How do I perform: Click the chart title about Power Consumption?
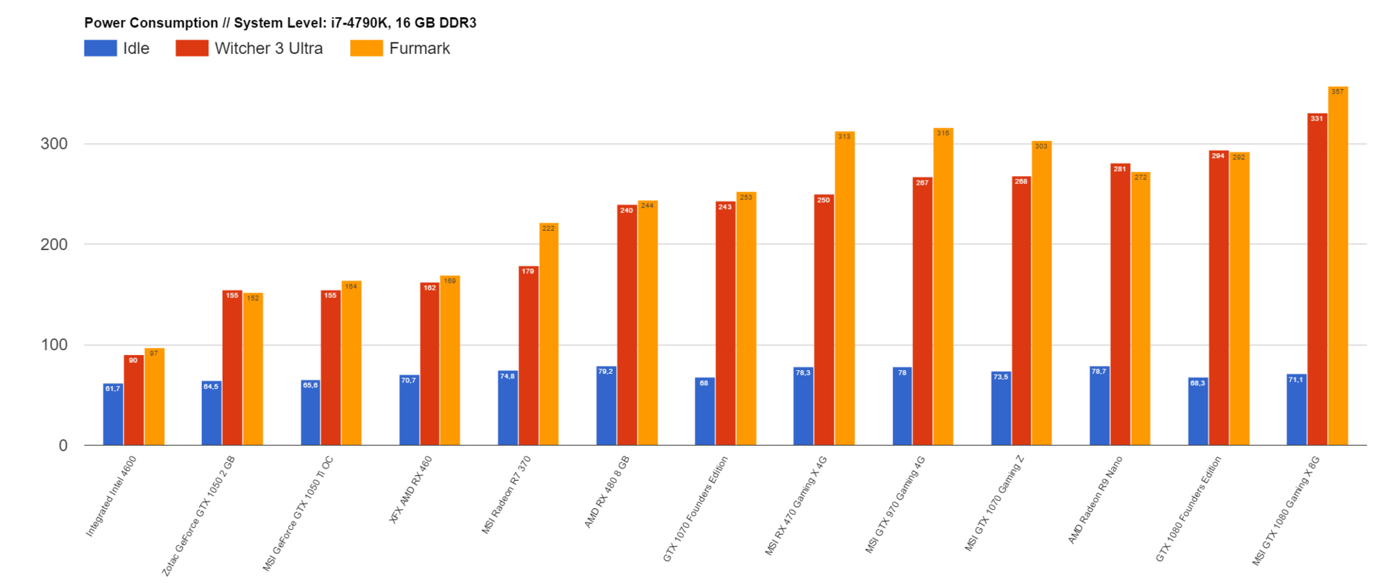[x=280, y=23]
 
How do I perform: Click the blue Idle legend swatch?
[x=100, y=48]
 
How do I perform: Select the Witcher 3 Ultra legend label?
[x=268, y=48]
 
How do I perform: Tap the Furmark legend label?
[x=419, y=48]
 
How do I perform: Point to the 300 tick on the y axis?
[x=55, y=144]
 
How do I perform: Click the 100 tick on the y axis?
[x=55, y=345]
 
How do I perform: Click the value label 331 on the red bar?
[x=1317, y=119]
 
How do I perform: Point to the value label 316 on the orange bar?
[x=943, y=133]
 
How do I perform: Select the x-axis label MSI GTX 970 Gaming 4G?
[x=896, y=504]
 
